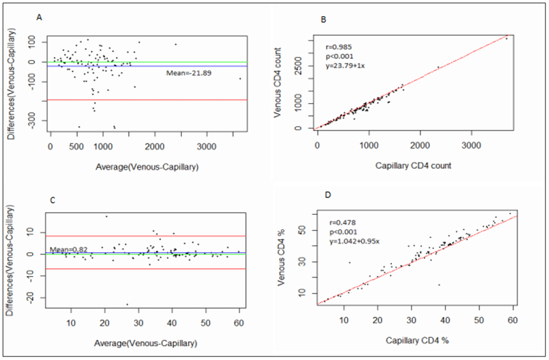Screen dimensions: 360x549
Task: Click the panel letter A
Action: point(40,18)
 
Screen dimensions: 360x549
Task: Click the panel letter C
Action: point(52,201)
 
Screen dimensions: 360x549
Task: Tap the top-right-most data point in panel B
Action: point(506,38)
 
